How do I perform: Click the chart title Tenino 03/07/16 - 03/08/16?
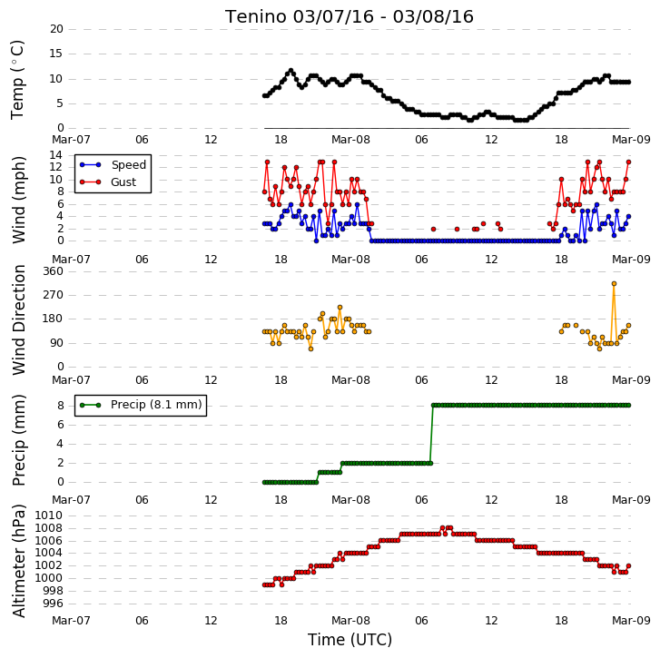(x=350, y=17)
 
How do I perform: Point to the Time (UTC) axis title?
(x=350, y=640)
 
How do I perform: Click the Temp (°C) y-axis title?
(x=17, y=80)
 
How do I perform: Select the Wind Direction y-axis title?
(x=18, y=319)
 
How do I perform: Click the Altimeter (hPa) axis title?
(x=18, y=561)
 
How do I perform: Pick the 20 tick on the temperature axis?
(x=56, y=29)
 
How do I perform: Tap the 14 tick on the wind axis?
(x=56, y=155)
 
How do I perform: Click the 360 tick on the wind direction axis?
(x=53, y=271)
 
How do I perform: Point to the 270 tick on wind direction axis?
(x=53, y=294)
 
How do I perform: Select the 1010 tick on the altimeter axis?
(x=48, y=516)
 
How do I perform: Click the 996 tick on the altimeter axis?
(x=52, y=604)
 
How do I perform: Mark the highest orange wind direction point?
(x=614, y=284)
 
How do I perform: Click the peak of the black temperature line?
(x=291, y=71)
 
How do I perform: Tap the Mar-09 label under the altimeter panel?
(x=631, y=621)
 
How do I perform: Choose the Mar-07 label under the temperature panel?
(x=71, y=139)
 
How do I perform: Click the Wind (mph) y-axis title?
(x=18, y=200)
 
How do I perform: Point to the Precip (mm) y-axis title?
(x=18, y=440)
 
